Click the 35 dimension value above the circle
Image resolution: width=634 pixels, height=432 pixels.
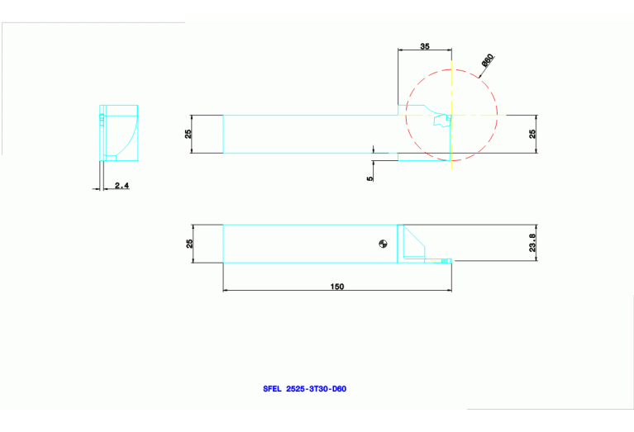click(425, 47)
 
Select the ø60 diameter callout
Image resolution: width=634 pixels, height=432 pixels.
click(488, 61)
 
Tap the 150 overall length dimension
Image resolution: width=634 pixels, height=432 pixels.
click(337, 287)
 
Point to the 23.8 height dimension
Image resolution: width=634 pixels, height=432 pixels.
click(532, 243)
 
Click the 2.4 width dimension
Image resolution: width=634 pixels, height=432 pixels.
click(122, 186)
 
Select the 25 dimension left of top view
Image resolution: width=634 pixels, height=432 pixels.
click(188, 133)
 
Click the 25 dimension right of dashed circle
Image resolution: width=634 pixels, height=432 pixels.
click(532, 133)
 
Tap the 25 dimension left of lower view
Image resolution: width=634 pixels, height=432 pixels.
click(188, 244)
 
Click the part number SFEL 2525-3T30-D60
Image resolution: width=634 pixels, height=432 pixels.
click(304, 388)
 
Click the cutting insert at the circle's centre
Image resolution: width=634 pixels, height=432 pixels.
click(442, 121)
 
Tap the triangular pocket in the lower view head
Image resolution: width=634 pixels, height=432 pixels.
click(413, 246)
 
